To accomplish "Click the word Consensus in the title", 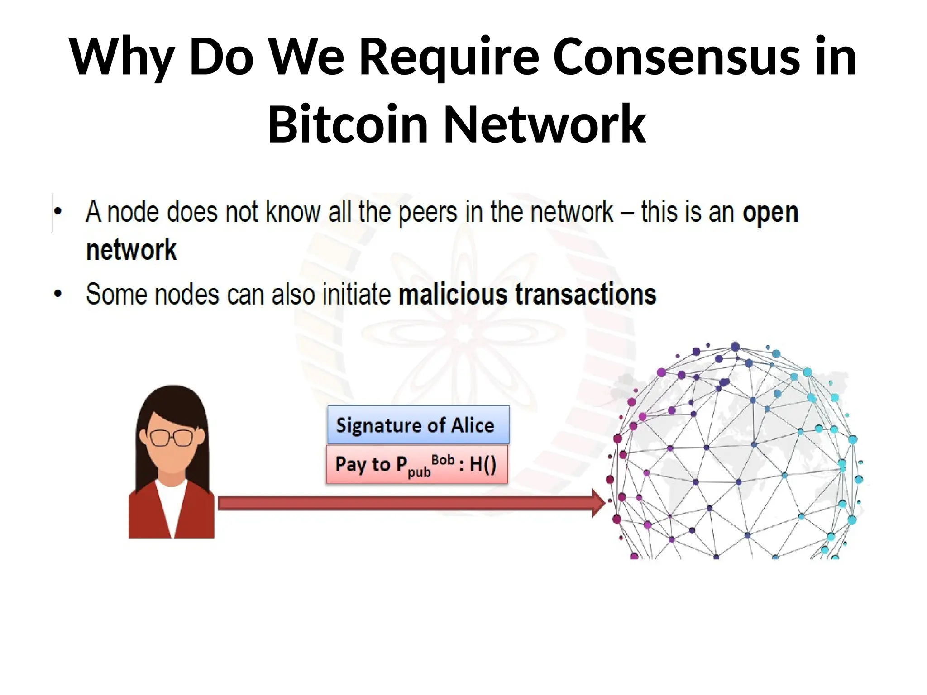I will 676,57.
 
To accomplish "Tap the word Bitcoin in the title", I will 348,124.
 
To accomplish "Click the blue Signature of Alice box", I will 418,425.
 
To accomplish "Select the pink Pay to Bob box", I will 416,465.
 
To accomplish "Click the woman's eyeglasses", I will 172,437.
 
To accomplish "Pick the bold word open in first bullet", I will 770,213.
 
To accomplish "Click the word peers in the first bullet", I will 427,213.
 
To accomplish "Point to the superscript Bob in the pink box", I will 443,460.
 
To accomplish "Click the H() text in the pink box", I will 483,465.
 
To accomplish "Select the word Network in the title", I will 545,124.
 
